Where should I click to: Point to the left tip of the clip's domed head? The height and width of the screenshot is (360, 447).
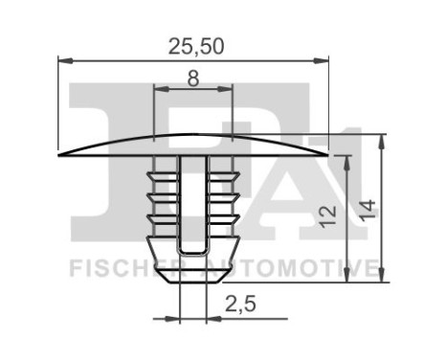click(61, 153)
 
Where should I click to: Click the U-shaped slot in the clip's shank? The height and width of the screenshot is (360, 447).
click(193, 206)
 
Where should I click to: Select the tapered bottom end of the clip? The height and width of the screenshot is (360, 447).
click(193, 274)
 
